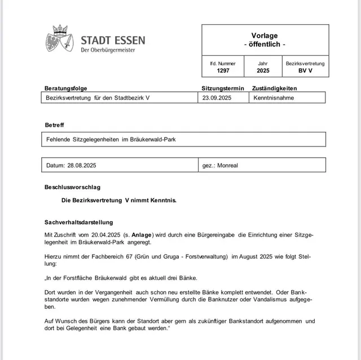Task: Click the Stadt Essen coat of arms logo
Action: pyautogui.click(x=60, y=39)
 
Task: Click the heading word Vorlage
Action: pyautogui.click(x=265, y=35)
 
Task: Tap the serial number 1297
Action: pyautogui.click(x=223, y=71)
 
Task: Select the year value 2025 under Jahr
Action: pyautogui.click(x=263, y=71)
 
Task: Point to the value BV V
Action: pyautogui.click(x=305, y=71)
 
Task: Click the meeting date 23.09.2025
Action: pyautogui.click(x=217, y=97)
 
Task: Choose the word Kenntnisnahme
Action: pyautogui.click(x=274, y=97)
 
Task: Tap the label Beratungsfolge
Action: pyautogui.click(x=67, y=88)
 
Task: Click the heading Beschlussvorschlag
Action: pyautogui.click(x=73, y=187)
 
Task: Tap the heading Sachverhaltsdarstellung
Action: pyautogui.click(x=79, y=222)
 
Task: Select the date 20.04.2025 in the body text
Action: pyautogui.click(x=105, y=233)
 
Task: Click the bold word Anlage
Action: pyautogui.click(x=142, y=233)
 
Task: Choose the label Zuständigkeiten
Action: pyautogui.click(x=275, y=88)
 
